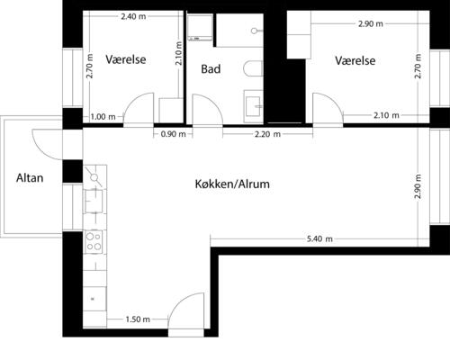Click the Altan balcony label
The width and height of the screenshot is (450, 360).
coord(30,178)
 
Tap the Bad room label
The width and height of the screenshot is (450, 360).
coord(211,69)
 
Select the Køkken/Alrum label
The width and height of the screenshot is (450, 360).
coord(232,184)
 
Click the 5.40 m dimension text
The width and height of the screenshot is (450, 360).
coord(319,238)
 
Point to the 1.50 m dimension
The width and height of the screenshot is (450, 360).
coord(138,319)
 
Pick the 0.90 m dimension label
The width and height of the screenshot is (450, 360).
coord(173,134)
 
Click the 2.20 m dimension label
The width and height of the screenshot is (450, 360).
coord(267,134)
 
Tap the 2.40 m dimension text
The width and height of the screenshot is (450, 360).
coord(133,16)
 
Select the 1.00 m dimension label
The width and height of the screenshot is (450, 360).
coord(103,117)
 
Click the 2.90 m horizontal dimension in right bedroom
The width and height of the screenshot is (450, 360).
coord(371,23)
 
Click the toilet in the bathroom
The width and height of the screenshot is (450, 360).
coord(253,68)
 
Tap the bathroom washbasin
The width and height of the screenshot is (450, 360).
coord(253,106)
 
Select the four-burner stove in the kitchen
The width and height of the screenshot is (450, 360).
coord(94,241)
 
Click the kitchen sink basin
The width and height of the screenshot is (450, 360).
coord(94,201)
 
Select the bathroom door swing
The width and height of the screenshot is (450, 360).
coord(207,110)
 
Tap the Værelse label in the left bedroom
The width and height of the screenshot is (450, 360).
coord(126,59)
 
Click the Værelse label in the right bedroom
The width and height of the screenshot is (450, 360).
coord(355,60)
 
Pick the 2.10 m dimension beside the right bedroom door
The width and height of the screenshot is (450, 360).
coord(386,115)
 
